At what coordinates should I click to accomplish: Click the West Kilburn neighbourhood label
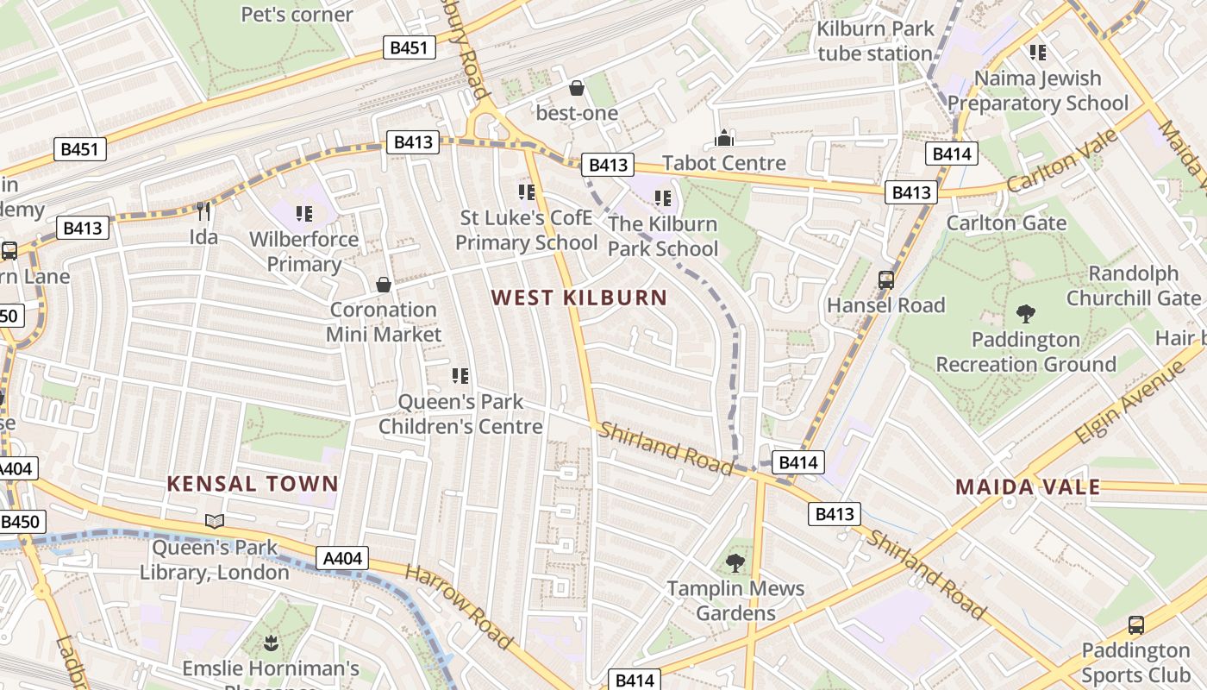click(x=579, y=298)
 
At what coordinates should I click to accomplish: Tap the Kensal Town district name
click(x=252, y=484)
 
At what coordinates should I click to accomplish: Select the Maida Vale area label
click(x=1028, y=487)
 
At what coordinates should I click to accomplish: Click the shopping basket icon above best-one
click(x=577, y=88)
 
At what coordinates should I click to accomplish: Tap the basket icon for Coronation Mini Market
click(x=384, y=284)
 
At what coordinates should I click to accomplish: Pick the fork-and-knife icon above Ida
click(x=204, y=211)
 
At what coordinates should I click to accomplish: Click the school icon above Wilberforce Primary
click(x=303, y=212)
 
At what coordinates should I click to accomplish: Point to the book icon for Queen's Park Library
click(x=215, y=521)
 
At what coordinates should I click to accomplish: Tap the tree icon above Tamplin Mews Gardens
click(x=735, y=563)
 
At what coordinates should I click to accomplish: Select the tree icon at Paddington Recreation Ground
click(x=1026, y=313)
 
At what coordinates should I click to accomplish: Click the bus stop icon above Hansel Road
click(x=886, y=279)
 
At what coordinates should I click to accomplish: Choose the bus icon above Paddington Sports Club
click(x=1136, y=624)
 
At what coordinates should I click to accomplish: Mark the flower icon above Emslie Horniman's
click(x=271, y=642)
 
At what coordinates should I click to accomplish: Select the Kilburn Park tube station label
click(x=876, y=41)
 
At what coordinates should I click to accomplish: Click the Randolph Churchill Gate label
click(x=1134, y=285)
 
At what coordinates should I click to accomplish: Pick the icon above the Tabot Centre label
click(x=724, y=138)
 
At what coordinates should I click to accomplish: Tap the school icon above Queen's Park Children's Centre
click(x=460, y=375)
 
